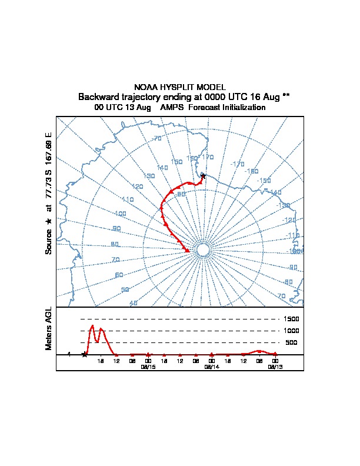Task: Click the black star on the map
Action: pos(203,175)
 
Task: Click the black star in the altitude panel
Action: pos(85,354)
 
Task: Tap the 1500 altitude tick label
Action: pos(292,319)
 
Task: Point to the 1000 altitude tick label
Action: pos(292,331)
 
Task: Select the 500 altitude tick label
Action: pos(292,342)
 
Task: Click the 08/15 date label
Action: pos(148,367)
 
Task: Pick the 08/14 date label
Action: pos(211,367)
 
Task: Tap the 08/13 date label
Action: pos(275,367)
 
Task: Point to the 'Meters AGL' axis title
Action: pos(49,329)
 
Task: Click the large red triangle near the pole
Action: pos(187,251)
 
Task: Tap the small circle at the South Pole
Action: pos(202,251)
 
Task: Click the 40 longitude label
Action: pos(133,303)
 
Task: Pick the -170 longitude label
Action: pos(238,164)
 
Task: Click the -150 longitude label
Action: pos(264,181)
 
